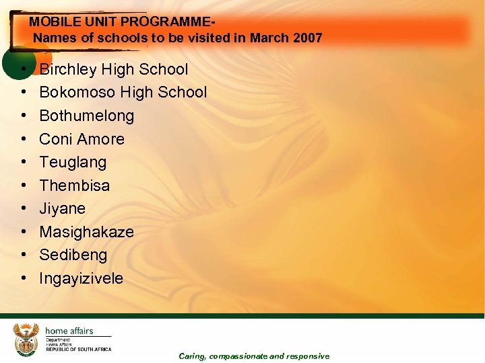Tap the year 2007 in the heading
[308, 38]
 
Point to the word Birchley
[69, 69]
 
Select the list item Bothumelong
[86, 116]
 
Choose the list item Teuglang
[73, 163]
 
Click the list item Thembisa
[74, 186]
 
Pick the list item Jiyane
[62, 208]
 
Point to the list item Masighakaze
[86, 232]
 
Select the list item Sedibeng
[73, 255]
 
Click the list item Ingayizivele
[81, 278]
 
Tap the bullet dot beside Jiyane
[24, 208]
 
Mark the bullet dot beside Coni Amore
[24, 139]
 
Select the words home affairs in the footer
[69, 331]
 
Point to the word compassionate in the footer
[239, 356]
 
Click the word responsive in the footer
[308, 356]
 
